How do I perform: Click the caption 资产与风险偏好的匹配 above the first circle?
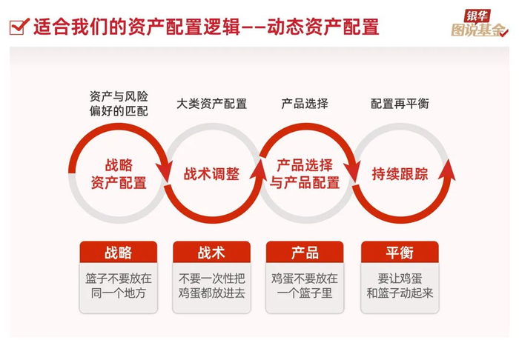coord(119,104)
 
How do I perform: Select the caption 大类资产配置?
coord(211,104)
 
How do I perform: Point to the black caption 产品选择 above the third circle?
coord(305,104)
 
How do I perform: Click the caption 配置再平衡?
coord(400,104)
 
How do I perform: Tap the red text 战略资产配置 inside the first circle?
coord(119,174)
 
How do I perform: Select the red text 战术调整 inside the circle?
coord(211,174)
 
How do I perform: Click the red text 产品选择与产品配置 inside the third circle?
coord(305,174)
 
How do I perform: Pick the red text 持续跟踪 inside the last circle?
coord(400,174)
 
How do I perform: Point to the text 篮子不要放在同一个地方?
coord(119,286)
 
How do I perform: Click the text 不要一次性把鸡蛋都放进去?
coord(211,286)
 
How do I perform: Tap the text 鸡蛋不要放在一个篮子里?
coord(305,286)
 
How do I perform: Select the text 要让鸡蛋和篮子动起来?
coord(400,286)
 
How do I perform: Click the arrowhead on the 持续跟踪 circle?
coord(447,172)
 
